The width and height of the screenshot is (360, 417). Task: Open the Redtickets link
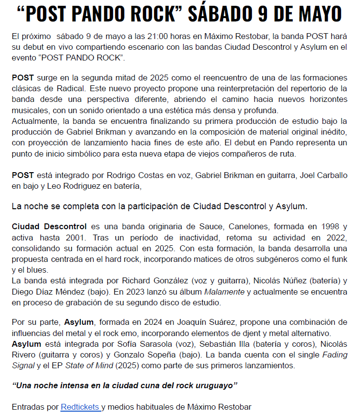tap(80, 406)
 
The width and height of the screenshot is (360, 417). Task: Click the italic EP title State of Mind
tap(88, 365)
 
